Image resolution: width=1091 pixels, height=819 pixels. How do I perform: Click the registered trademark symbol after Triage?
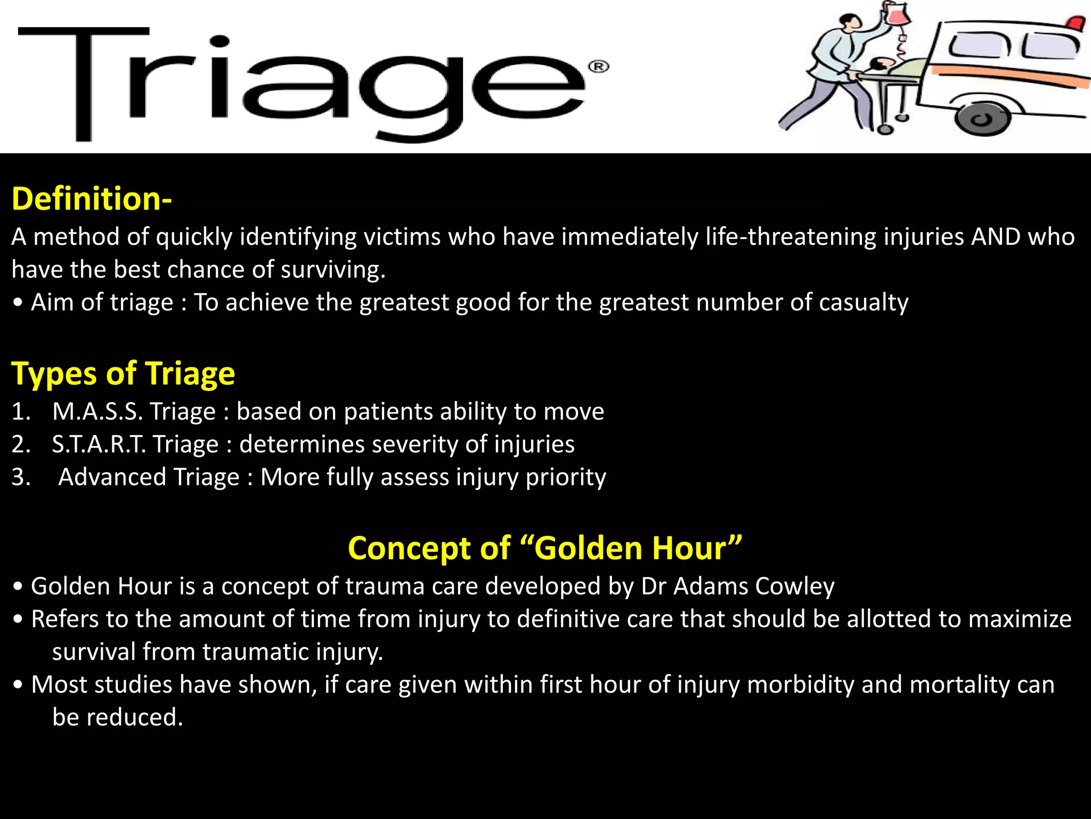tap(598, 67)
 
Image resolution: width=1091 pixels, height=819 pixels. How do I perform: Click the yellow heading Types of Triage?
tap(123, 373)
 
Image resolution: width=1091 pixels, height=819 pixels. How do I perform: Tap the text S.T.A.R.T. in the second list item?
tap(99, 444)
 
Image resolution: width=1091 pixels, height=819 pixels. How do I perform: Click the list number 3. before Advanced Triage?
tap(21, 477)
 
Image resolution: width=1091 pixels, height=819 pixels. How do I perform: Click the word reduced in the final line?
tap(134, 718)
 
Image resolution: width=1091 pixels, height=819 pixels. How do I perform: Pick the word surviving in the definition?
tap(332, 270)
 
